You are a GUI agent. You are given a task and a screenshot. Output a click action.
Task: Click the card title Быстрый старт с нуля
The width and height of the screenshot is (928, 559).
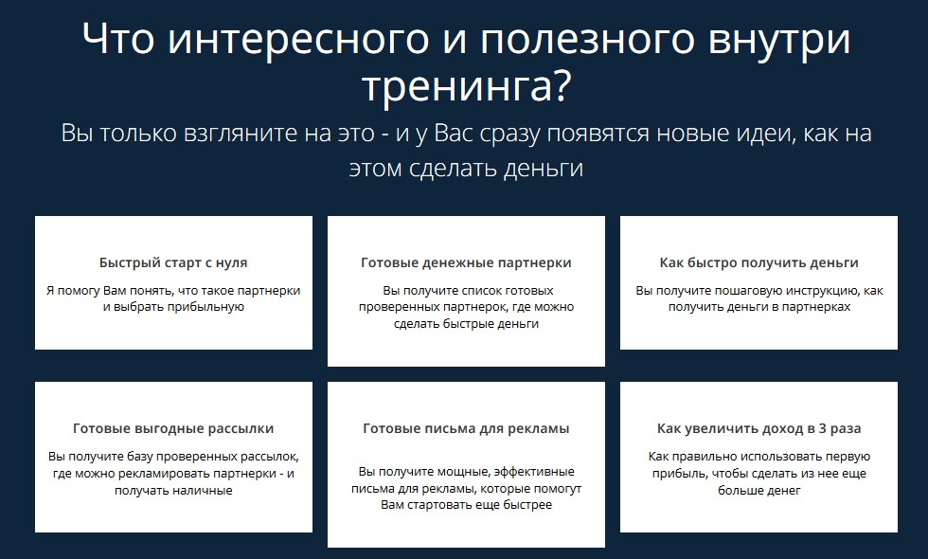click(173, 262)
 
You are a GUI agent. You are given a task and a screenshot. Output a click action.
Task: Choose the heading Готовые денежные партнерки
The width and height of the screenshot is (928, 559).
click(466, 262)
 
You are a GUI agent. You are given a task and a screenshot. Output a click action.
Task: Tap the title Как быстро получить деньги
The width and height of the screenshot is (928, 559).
click(758, 262)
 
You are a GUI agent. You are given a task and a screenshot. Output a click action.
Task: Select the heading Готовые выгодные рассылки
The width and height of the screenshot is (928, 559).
click(173, 428)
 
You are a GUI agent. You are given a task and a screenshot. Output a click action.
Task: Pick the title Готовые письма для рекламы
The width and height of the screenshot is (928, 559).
click(466, 428)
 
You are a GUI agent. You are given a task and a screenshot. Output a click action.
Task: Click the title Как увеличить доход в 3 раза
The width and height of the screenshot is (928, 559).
click(758, 428)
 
